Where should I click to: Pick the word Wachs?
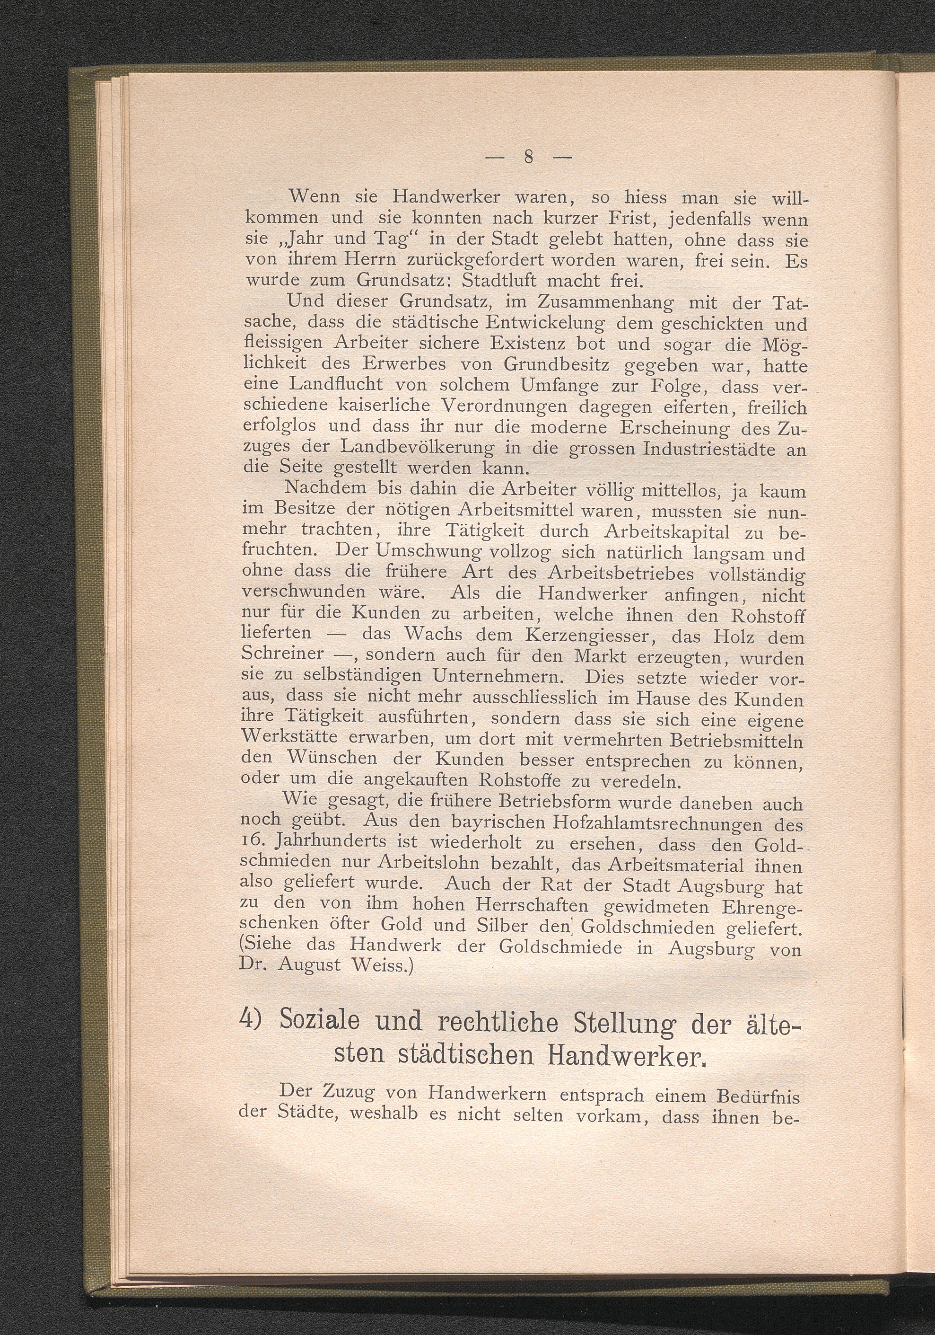click(x=431, y=634)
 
